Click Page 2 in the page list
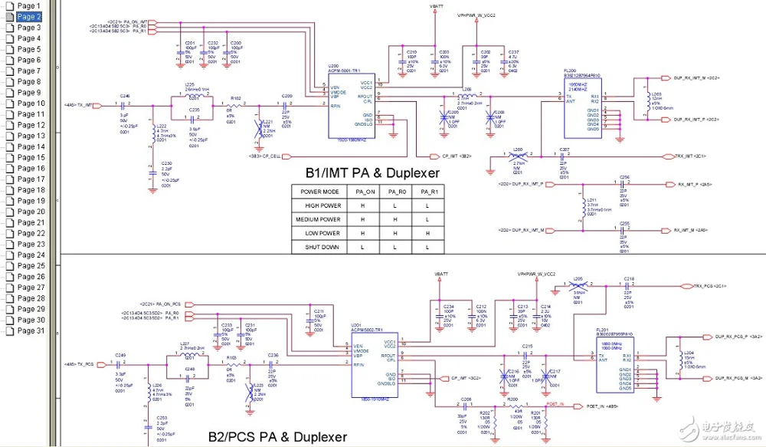point(28,16)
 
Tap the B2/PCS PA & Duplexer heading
point(277,436)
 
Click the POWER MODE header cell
point(321,191)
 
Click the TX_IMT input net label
point(80,104)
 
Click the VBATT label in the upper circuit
point(437,6)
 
